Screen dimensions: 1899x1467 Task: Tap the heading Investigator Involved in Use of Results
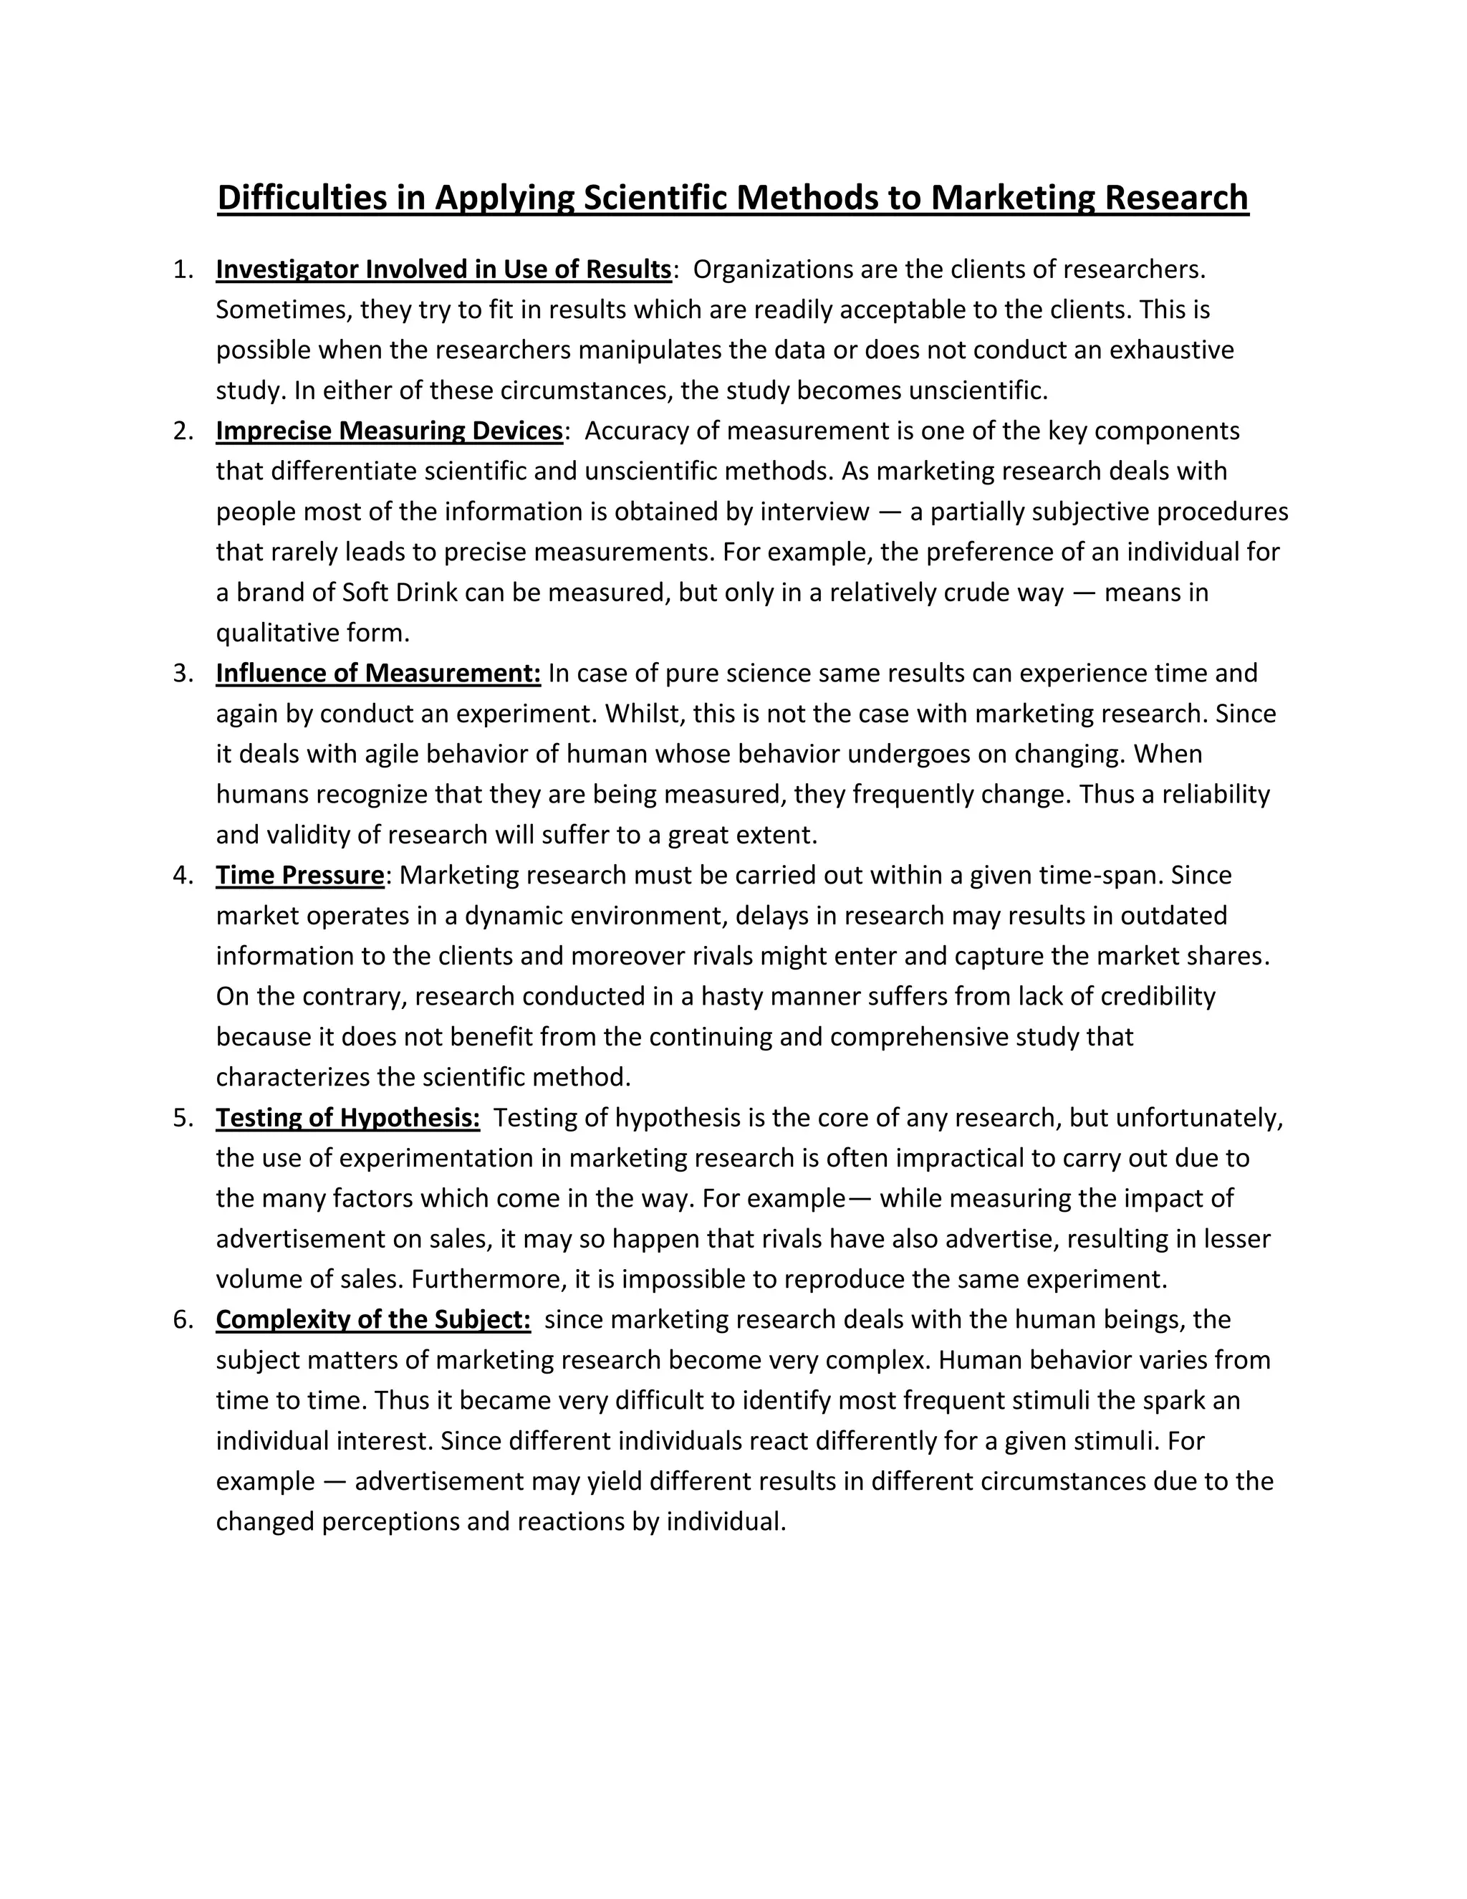(x=443, y=269)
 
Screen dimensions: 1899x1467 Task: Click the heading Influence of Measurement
(x=378, y=673)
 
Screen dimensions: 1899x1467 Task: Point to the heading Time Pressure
(x=300, y=876)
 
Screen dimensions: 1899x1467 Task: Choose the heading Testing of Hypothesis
(x=347, y=1118)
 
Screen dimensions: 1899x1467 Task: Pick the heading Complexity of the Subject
(x=372, y=1320)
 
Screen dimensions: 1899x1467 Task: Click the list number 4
(x=183, y=876)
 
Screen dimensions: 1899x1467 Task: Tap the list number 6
(x=183, y=1320)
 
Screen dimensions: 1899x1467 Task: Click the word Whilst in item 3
(x=639, y=714)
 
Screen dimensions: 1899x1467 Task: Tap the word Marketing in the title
(x=1014, y=198)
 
